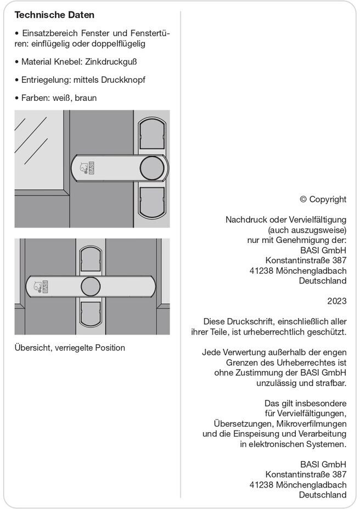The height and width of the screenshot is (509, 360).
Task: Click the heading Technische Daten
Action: point(54,15)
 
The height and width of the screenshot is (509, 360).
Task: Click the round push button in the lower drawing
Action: point(91,286)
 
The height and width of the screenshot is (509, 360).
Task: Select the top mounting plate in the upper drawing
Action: point(151,135)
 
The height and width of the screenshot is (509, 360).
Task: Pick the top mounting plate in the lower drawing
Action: point(91,260)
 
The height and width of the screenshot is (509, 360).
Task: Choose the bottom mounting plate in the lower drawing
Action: point(91,314)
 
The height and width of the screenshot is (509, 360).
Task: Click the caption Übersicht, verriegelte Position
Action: point(70,348)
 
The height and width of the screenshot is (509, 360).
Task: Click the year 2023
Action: point(336,301)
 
